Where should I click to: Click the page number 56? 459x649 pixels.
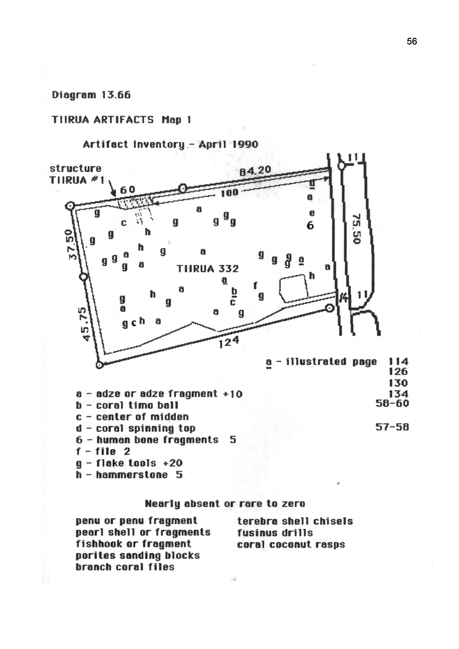pyautogui.click(x=412, y=41)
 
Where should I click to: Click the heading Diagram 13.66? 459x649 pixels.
pyautogui.click(x=91, y=95)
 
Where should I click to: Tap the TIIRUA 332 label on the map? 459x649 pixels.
pyautogui.click(x=208, y=268)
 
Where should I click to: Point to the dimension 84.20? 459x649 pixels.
pyautogui.click(x=255, y=170)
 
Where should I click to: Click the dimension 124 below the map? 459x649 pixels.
pyautogui.click(x=229, y=342)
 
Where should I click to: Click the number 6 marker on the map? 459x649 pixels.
pyautogui.click(x=310, y=226)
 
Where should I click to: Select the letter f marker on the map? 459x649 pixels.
pyautogui.click(x=255, y=285)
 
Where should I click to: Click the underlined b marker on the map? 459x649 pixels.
pyautogui.click(x=234, y=292)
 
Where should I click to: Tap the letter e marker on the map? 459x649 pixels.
pyautogui.click(x=312, y=213)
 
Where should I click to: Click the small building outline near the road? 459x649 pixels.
pyautogui.click(x=294, y=287)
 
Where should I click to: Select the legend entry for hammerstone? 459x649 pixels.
pyautogui.click(x=129, y=475)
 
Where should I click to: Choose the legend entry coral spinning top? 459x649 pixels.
pyautogui.click(x=136, y=428)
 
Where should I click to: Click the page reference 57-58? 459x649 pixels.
pyautogui.click(x=392, y=427)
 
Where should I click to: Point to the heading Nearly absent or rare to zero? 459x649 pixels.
pyautogui.click(x=225, y=504)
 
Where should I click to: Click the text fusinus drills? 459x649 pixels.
pyautogui.click(x=275, y=532)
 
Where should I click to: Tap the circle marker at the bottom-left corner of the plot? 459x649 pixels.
pyautogui.click(x=99, y=365)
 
